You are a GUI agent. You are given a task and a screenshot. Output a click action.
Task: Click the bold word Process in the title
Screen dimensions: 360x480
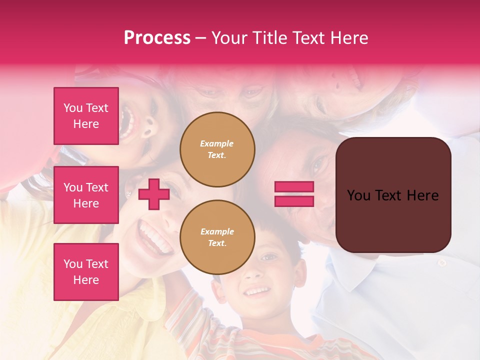pos(157,38)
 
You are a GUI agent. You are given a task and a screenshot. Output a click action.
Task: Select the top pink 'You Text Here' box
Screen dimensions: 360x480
pos(86,116)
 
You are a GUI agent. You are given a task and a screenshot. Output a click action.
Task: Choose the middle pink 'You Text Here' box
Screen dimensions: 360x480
pos(86,195)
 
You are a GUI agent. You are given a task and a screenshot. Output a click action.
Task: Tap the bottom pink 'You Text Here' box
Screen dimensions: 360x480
pos(86,271)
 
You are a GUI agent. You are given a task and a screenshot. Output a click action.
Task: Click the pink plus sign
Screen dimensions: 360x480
pos(154,194)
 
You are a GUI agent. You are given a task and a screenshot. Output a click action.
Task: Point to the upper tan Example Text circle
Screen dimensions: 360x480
pos(217,149)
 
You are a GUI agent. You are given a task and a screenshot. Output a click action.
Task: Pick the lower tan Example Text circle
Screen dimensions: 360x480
pos(217,237)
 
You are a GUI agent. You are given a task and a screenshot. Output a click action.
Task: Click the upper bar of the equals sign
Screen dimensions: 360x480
pos(294,187)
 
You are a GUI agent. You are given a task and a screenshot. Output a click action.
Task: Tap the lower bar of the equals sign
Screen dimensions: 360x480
pos(294,201)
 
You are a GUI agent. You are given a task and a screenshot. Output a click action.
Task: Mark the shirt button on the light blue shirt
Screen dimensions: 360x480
pos(442,262)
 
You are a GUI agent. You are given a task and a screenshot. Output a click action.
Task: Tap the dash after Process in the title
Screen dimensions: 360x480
pos(200,38)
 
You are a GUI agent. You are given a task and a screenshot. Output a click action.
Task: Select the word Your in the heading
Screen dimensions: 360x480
pos(228,38)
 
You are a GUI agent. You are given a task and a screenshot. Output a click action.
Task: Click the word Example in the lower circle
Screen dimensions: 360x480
pos(217,231)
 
